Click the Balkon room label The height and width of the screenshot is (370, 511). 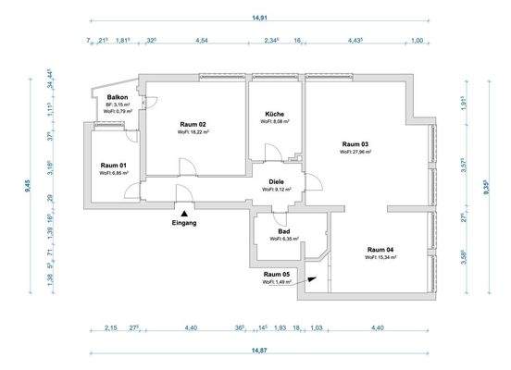(x=117, y=96)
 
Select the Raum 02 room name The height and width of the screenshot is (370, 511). (x=193, y=124)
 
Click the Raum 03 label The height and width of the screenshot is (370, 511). (x=355, y=144)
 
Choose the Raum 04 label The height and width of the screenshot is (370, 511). (x=380, y=250)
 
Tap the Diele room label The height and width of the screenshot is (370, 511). (x=276, y=181)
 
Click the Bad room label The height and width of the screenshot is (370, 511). (x=284, y=231)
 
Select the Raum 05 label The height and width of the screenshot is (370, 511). (x=277, y=274)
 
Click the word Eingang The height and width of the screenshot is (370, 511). (x=184, y=223)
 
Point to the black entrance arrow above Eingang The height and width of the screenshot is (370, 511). (x=184, y=211)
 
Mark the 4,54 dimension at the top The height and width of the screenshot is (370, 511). (x=202, y=41)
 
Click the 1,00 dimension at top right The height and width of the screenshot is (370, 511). (x=417, y=41)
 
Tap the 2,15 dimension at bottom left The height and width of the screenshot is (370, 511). (x=111, y=328)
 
